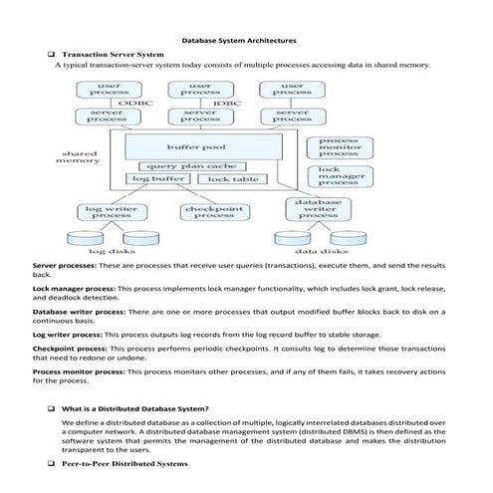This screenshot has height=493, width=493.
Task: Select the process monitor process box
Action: (x=338, y=147)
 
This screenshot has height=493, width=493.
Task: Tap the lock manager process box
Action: (x=338, y=176)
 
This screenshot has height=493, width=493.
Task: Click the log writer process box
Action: (x=111, y=213)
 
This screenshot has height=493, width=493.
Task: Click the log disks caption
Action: (x=112, y=252)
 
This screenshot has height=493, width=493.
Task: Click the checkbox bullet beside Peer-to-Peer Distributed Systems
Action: (x=50, y=464)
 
